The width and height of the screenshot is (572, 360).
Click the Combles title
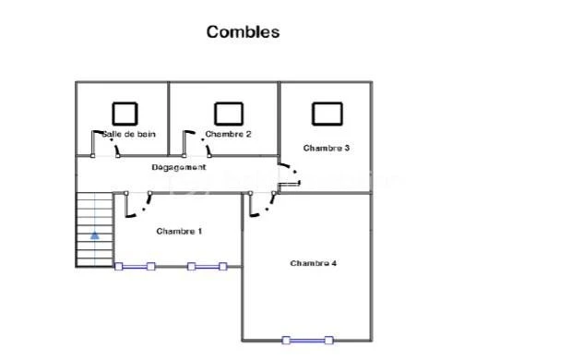click(x=243, y=31)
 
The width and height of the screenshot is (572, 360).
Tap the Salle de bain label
click(x=129, y=134)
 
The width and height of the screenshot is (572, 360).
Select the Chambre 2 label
click(x=229, y=134)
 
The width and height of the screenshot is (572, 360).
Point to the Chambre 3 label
click(x=327, y=148)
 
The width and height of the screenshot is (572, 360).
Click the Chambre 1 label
click(x=179, y=231)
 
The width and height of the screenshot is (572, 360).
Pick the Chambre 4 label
click(x=314, y=263)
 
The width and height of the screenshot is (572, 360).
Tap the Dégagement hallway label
click(x=179, y=167)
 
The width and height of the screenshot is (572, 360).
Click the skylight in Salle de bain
click(x=125, y=114)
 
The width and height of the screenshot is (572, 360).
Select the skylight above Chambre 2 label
click(x=229, y=114)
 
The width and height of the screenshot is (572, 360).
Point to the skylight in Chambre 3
click(x=328, y=114)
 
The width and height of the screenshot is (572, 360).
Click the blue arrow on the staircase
click(x=95, y=235)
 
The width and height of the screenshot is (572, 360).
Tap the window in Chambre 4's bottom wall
click(x=307, y=341)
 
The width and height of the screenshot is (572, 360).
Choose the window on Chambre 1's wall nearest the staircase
click(x=135, y=267)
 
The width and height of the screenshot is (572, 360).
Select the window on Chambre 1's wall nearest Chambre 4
click(x=207, y=267)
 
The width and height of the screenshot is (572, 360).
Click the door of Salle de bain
click(x=105, y=144)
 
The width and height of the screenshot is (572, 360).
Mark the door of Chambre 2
click(x=197, y=144)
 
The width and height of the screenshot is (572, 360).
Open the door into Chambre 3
click(x=290, y=176)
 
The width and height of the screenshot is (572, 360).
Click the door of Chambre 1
click(x=137, y=204)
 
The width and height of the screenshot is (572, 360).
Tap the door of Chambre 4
click(x=262, y=204)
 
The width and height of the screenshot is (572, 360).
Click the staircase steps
click(x=95, y=230)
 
